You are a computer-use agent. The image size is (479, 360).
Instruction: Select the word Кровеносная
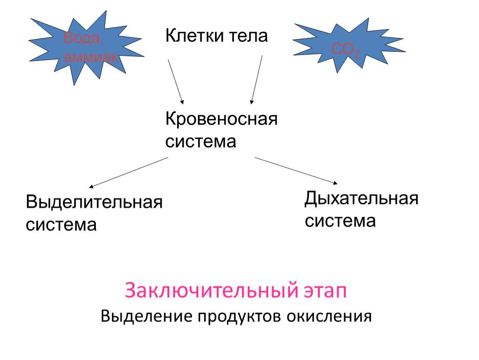click(222, 119)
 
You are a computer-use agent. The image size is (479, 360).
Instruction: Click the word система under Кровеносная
click(201, 142)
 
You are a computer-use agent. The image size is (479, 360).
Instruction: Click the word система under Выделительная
click(61, 225)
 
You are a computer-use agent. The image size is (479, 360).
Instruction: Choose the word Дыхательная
click(362, 199)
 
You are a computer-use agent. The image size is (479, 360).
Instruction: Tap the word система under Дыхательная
click(340, 221)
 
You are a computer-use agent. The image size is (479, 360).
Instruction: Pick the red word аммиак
click(91, 57)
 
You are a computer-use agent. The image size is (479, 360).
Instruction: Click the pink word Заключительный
click(211, 290)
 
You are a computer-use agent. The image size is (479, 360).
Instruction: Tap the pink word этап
click(325, 291)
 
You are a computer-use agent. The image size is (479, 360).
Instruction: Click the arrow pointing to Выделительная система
click(128, 172)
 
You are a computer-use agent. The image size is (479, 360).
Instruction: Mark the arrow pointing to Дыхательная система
click(296, 171)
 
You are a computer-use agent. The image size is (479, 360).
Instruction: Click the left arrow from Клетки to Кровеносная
click(176, 82)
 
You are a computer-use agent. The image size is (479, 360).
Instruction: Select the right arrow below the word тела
click(256, 80)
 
